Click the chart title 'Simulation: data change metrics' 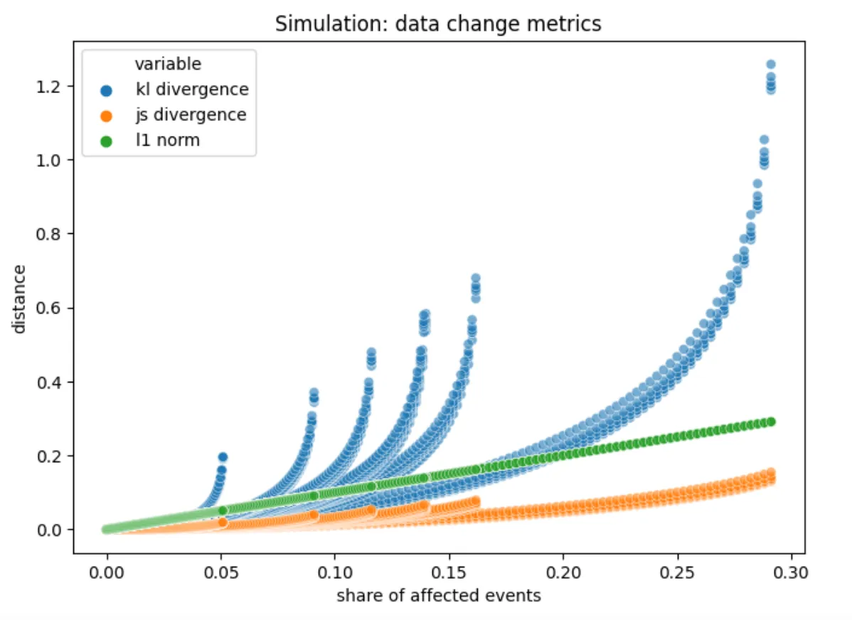[438, 23]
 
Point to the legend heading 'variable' [168, 64]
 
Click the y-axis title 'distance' [20, 298]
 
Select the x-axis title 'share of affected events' [439, 595]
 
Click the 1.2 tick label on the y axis [55, 86]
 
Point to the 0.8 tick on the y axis [55, 234]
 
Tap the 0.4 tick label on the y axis [55, 382]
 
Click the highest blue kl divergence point [770, 65]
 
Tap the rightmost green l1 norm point [770, 422]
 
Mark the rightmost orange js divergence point [770, 473]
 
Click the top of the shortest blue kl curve [222, 456]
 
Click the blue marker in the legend [106, 90]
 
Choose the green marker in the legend [106, 140]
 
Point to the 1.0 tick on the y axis [55, 160]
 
